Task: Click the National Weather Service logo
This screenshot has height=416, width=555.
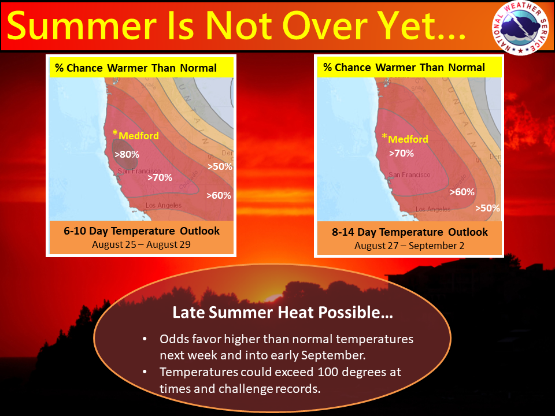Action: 520,28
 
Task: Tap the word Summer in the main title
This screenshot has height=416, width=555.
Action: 82,26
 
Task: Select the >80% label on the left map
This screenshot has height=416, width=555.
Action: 127,154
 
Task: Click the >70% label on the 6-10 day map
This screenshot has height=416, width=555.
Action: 160,177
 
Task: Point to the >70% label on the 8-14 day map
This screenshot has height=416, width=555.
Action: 401,153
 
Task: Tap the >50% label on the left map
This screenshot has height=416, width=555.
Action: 220,166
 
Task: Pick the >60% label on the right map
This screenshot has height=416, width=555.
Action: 462,192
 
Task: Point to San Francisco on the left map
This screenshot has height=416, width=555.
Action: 139,171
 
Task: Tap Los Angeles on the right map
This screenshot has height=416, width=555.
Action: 432,209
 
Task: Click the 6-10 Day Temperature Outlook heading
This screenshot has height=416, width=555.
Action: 142,231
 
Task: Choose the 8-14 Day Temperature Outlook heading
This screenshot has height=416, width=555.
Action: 409,232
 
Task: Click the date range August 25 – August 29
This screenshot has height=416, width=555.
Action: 141,244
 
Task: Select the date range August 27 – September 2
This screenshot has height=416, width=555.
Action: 409,246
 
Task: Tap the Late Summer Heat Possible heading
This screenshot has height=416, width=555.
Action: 283,313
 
